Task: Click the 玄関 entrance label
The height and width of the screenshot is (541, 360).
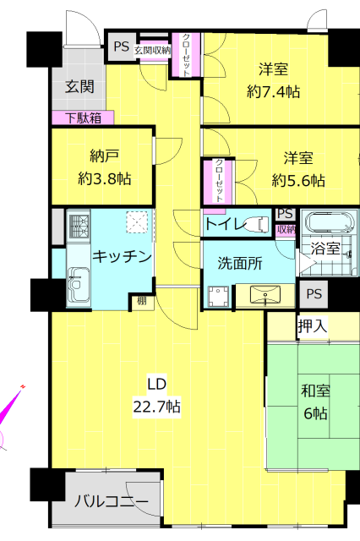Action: (x=79, y=86)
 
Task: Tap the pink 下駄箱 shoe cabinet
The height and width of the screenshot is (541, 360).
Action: (x=83, y=118)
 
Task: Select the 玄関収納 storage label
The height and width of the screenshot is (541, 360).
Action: (x=152, y=51)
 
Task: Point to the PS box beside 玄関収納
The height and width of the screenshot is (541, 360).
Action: (x=122, y=46)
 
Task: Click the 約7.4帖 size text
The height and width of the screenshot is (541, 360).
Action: (x=273, y=92)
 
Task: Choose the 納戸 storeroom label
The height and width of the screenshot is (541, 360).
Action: (x=104, y=156)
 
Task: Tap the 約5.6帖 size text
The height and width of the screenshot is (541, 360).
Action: (x=298, y=180)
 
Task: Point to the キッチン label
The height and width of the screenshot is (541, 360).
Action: (x=122, y=257)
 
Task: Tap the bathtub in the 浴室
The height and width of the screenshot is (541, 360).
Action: (x=328, y=222)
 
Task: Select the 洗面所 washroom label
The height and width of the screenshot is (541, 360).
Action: (x=240, y=264)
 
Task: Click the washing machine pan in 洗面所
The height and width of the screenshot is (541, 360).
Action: (x=219, y=296)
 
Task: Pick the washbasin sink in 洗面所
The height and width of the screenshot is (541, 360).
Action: (x=265, y=295)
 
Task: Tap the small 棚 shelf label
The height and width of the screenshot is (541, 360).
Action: (x=142, y=301)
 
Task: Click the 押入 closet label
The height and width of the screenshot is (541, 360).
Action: (x=312, y=326)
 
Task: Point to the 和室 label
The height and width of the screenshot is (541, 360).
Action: (x=315, y=391)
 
